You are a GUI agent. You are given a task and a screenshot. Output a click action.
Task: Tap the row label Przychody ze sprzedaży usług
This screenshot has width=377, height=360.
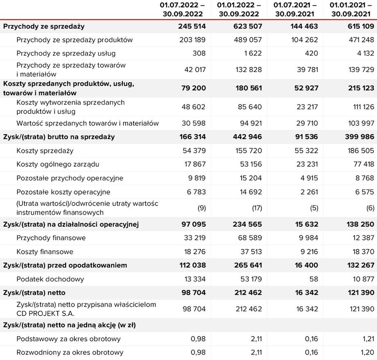click(x=66, y=53)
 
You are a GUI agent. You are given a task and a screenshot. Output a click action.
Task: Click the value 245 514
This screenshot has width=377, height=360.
click(x=192, y=27)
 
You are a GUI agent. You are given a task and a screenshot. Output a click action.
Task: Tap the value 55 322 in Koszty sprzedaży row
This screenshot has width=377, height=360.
click(x=305, y=151)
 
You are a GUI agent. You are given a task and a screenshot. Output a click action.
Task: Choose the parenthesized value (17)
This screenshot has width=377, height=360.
click(x=257, y=208)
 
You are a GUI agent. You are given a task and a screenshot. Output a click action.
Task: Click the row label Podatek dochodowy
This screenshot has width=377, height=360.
click(x=50, y=279)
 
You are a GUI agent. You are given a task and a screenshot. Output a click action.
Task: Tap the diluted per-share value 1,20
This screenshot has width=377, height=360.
click(x=367, y=352)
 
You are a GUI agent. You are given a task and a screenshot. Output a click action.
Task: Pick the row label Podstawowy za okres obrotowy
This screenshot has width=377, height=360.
click(x=69, y=339)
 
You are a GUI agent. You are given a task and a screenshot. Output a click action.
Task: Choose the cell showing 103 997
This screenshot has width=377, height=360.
click(x=361, y=123)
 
